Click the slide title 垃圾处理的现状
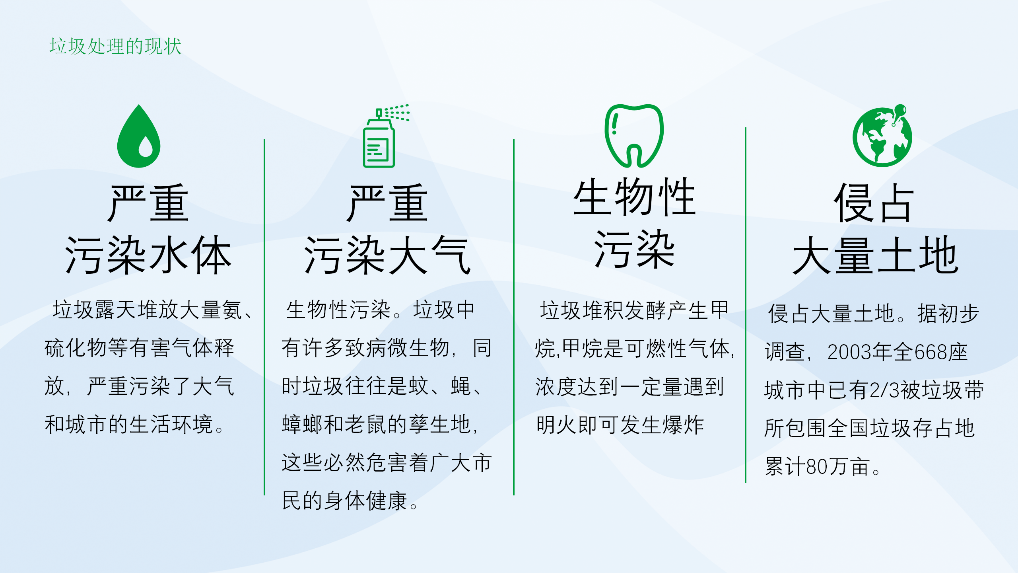point(115,46)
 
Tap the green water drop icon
point(139,136)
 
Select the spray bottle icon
point(386,136)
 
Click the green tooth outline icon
point(634,136)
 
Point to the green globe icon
point(882,136)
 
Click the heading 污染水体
point(148,255)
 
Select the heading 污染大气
point(387,255)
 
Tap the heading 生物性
point(634,197)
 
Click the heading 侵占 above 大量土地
point(875,203)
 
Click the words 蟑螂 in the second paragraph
point(303,424)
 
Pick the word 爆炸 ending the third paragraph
point(683,425)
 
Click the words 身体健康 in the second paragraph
point(366,501)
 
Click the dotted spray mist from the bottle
point(397,112)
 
